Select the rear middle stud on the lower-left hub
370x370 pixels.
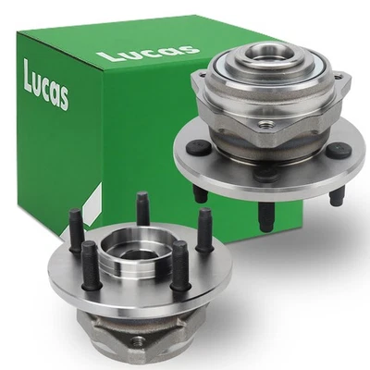pyautogui.click(x=143, y=207)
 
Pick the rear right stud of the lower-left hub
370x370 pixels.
pyautogui.click(x=204, y=227)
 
